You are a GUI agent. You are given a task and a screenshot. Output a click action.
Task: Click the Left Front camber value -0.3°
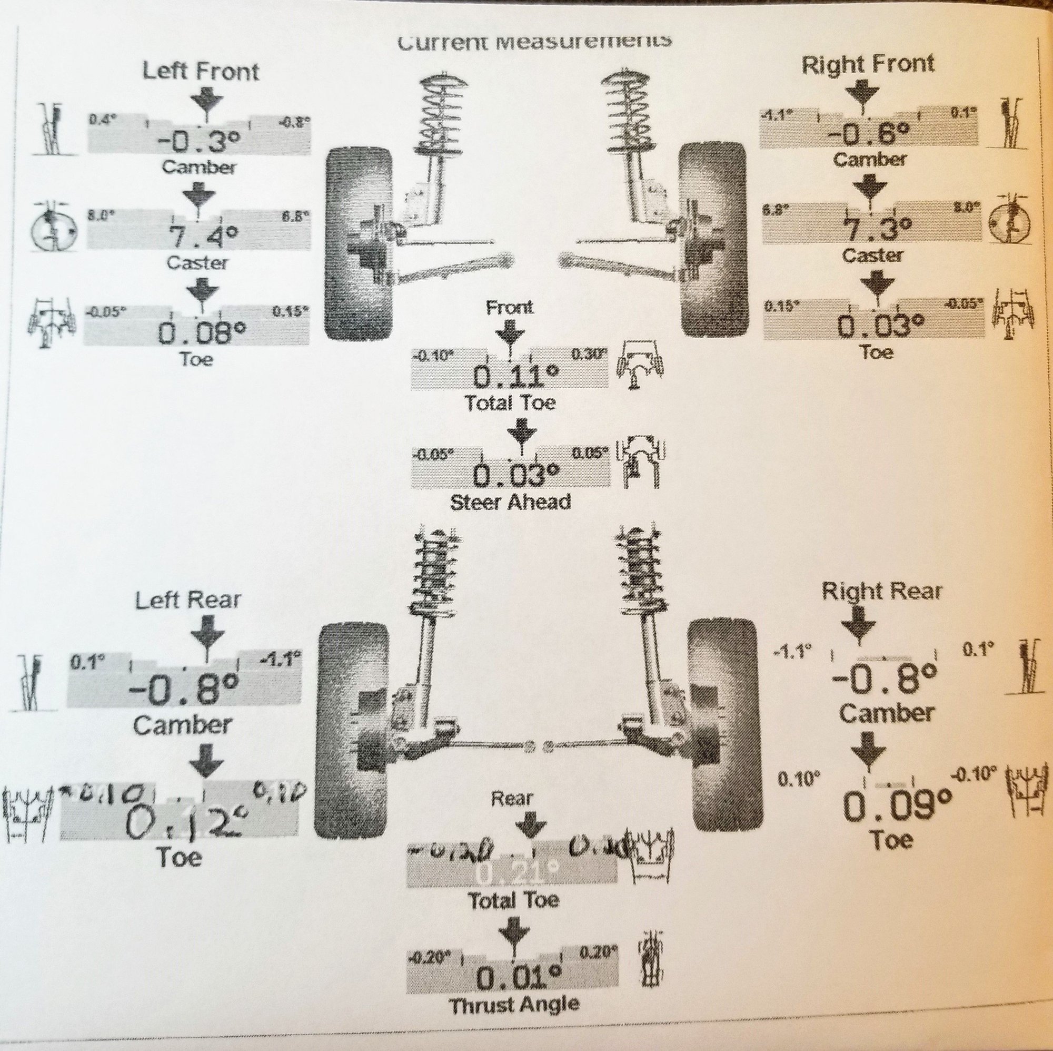pos(198,143)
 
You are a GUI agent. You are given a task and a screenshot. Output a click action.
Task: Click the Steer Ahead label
pos(511,502)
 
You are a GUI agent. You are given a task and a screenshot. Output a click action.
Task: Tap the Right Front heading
pos(868,64)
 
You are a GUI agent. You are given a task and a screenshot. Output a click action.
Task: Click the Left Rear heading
pos(188,601)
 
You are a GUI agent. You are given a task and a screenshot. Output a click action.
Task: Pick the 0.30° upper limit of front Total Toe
pos(588,355)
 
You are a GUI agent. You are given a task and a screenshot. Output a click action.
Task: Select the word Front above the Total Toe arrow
pos(510,308)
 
